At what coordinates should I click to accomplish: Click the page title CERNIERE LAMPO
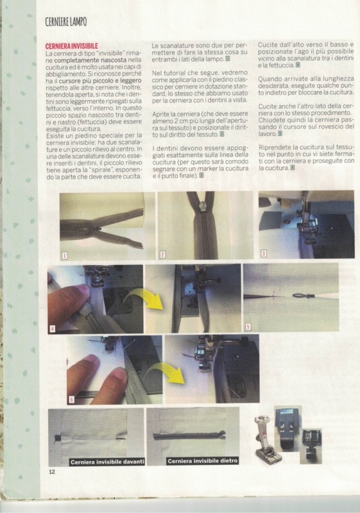coord(66,22)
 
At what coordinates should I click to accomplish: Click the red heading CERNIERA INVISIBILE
coord(72,46)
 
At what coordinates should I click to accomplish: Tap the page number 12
coord(52,471)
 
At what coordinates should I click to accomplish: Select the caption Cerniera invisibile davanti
coord(107,462)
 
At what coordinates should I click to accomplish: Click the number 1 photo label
coord(64,255)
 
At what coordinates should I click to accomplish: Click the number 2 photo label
coord(162,254)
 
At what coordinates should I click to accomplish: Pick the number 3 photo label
coord(263,253)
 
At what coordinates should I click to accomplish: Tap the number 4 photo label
coord(53,329)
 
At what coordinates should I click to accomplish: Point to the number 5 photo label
coord(248,326)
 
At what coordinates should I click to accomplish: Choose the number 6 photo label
coord(72,399)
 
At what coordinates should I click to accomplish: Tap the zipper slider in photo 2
coord(203,206)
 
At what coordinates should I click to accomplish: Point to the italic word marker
coord(207,169)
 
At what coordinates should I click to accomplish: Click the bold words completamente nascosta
coord(90,60)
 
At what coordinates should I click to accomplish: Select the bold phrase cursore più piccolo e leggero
coord(100,81)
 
